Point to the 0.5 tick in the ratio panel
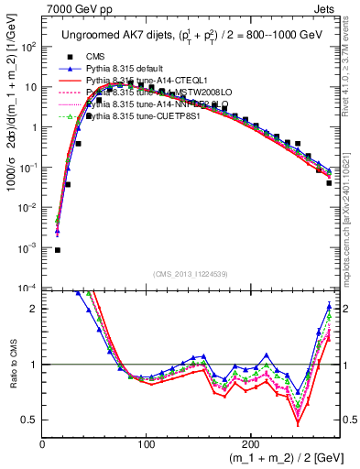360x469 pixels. point(29,420)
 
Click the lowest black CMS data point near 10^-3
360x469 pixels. point(57,249)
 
